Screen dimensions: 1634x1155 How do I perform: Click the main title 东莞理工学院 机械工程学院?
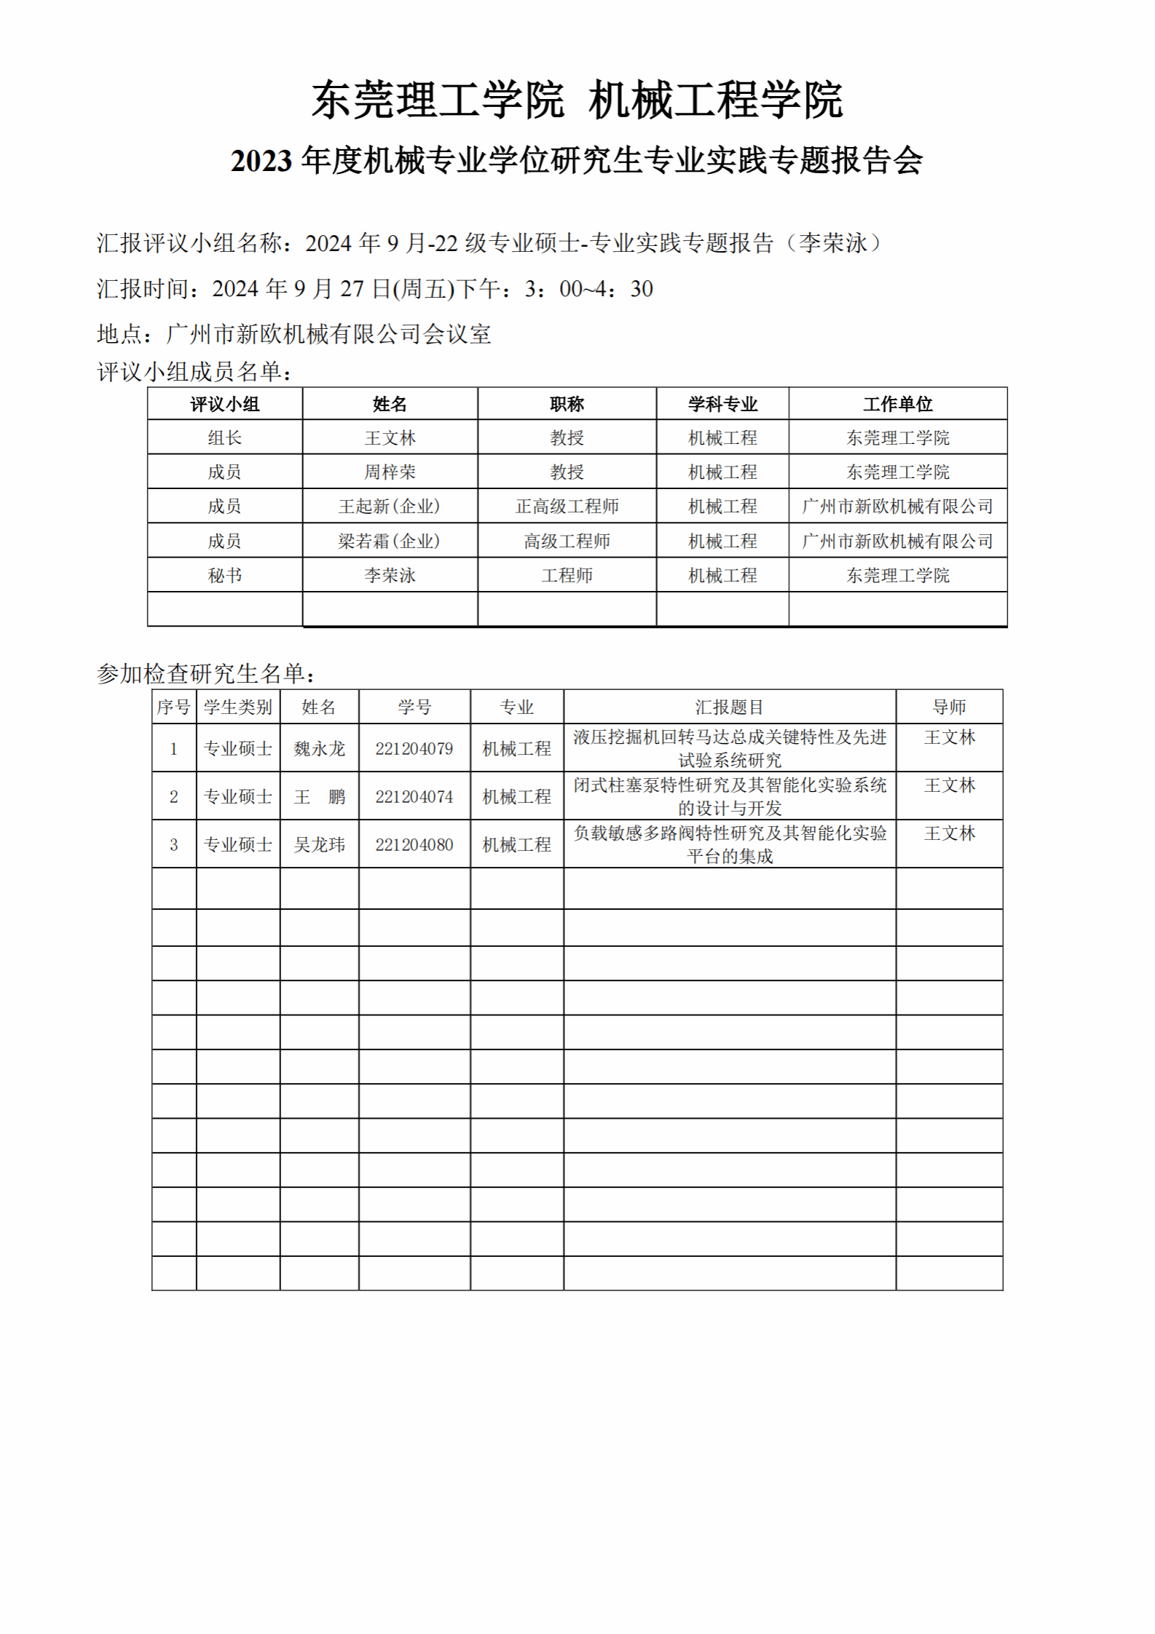pos(577,100)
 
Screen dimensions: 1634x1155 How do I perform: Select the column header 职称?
pos(567,404)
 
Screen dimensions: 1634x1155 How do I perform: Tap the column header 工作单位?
pos(897,404)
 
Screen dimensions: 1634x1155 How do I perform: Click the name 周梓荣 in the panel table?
pos(390,472)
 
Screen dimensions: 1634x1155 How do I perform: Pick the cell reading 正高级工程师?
pos(567,507)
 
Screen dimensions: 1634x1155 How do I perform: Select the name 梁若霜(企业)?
pos(390,542)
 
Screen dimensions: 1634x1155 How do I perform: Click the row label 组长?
pos(224,438)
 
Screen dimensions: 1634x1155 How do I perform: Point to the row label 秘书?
pos(224,576)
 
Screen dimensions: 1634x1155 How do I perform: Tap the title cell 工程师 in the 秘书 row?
pos(567,576)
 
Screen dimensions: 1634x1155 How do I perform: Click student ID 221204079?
pos(414,749)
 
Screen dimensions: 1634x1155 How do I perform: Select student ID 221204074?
pos(414,797)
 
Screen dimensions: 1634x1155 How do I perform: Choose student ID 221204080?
pos(414,845)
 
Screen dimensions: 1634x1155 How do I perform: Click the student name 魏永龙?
pos(319,749)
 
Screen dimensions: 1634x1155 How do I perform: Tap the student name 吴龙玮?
pos(319,845)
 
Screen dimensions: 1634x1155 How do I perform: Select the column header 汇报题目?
pos(729,707)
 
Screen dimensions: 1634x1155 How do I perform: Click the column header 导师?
pos(949,707)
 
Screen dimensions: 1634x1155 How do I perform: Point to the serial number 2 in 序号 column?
pos(173,797)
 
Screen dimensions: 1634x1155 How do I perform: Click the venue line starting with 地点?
pos(293,334)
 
